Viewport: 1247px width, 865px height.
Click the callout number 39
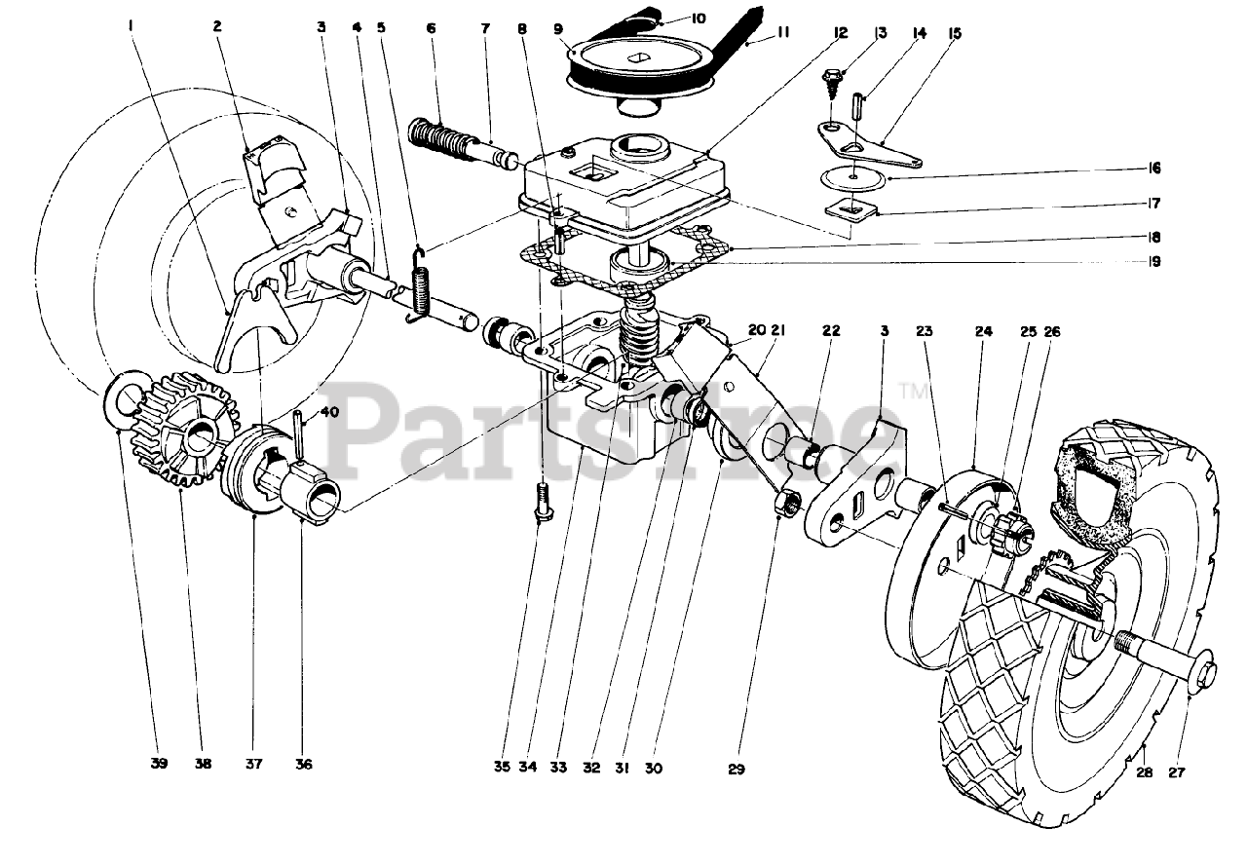click(x=159, y=764)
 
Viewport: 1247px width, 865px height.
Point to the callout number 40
click(x=329, y=412)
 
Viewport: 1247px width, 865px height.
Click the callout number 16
click(x=1154, y=169)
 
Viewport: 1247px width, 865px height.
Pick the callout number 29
click(x=736, y=770)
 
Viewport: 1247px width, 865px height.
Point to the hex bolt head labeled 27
click(x=1208, y=671)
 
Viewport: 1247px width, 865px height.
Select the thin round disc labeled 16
click(x=851, y=177)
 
